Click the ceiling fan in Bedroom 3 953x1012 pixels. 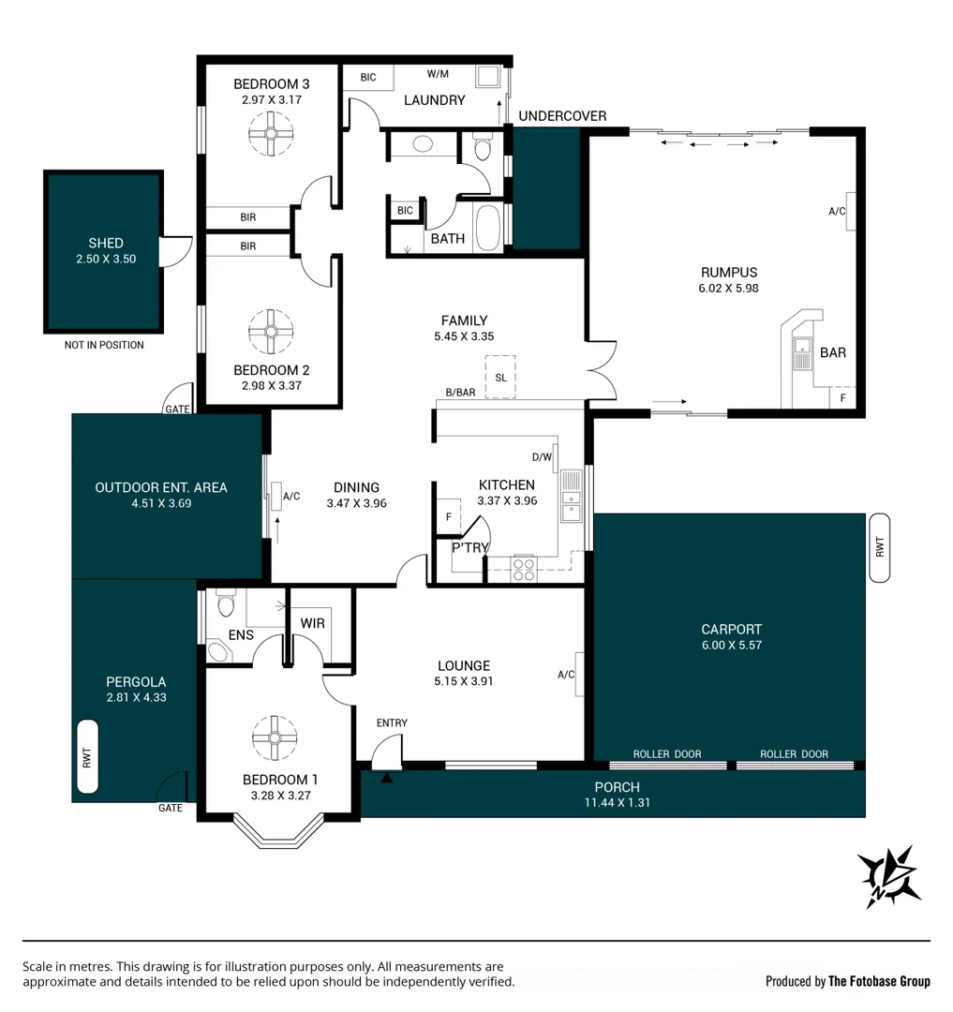(x=271, y=134)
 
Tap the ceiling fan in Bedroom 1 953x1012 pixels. (x=275, y=737)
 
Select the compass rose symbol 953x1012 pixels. (x=888, y=876)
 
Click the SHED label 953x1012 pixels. (x=106, y=244)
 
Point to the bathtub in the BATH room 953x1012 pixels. (x=488, y=228)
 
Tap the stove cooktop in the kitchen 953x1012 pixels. (x=523, y=569)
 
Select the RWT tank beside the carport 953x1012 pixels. (x=880, y=548)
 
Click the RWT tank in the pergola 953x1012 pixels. (x=87, y=756)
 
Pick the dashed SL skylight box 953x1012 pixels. (x=500, y=377)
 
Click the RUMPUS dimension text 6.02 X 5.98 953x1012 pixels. (x=728, y=289)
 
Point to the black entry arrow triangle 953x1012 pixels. (x=386, y=778)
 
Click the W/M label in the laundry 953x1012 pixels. (x=438, y=74)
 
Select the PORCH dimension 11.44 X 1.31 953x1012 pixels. (x=617, y=803)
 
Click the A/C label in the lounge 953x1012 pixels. (x=566, y=675)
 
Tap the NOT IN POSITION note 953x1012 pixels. (x=104, y=345)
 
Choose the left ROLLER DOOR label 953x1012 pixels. (x=666, y=753)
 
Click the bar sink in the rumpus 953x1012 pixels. (x=802, y=353)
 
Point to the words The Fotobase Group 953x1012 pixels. (x=879, y=982)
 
